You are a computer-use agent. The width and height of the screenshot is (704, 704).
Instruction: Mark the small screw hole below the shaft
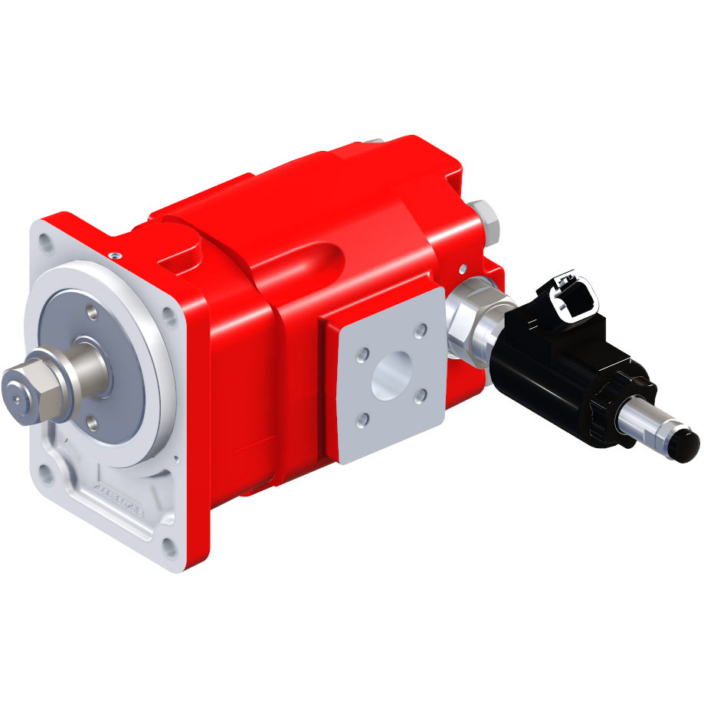[93, 421]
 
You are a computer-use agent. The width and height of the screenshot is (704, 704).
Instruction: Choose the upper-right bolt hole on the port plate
[420, 332]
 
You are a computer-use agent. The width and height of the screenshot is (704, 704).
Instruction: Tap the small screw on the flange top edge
[114, 255]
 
